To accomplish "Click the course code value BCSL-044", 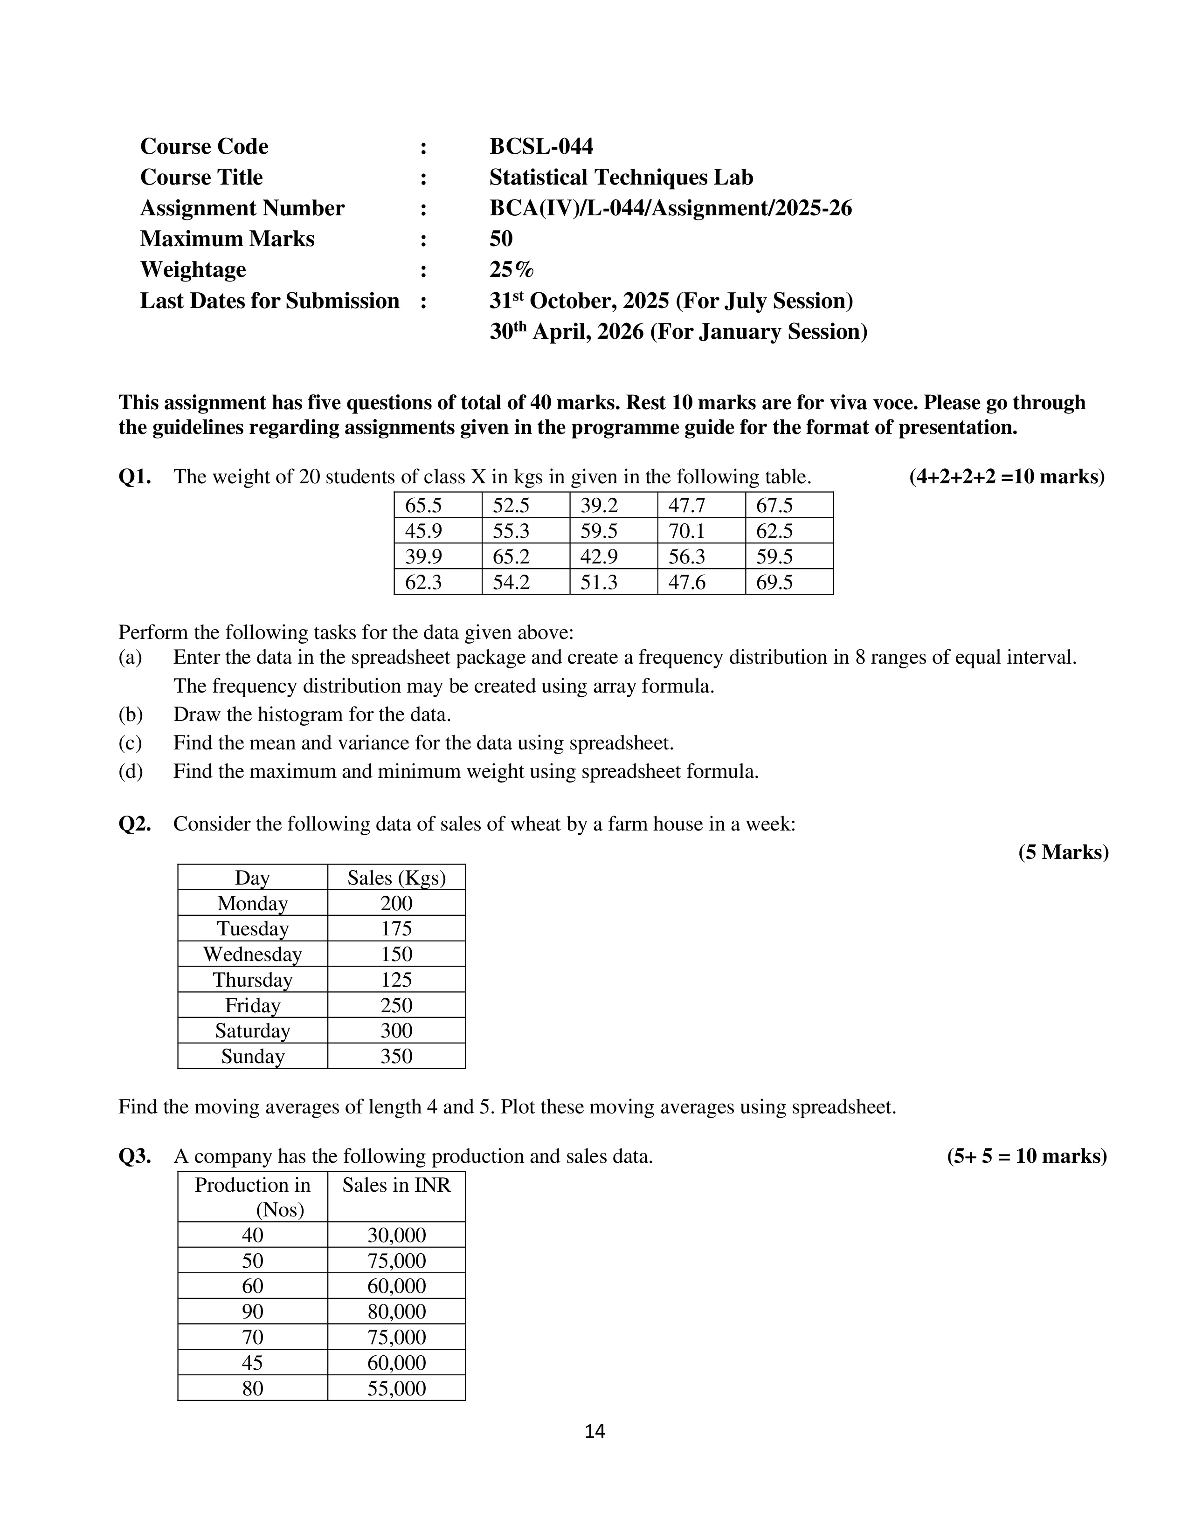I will tap(541, 146).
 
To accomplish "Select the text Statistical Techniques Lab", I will tap(621, 178).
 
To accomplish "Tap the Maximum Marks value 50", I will tap(501, 239).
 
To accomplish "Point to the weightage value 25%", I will tap(512, 270).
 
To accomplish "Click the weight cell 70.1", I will tap(686, 531).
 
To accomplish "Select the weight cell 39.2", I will tap(599, 506).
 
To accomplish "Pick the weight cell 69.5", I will tap(774, 583).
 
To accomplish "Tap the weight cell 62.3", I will tap(423, 583).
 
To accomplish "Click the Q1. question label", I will tap(135, 477).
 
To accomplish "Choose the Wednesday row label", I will tap(252, 954).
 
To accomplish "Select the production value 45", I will tap(252, 1363).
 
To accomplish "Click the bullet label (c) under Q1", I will tap(130, 743).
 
